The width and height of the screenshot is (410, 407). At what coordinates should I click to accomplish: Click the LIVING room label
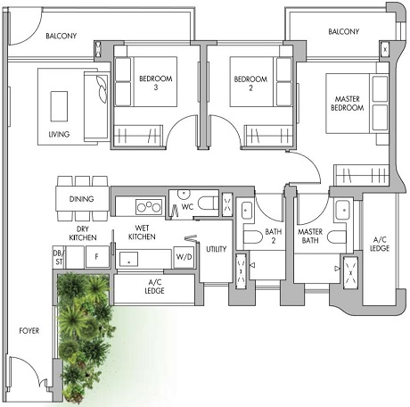58,136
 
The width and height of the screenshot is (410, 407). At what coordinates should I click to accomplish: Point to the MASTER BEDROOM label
348,103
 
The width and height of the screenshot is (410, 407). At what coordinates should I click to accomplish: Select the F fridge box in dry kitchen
96,257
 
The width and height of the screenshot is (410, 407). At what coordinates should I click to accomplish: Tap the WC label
187,207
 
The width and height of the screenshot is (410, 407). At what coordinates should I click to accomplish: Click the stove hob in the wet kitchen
148,207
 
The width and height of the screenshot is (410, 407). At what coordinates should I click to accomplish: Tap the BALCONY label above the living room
61,36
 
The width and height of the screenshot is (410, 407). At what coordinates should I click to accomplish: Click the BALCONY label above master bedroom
343,32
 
